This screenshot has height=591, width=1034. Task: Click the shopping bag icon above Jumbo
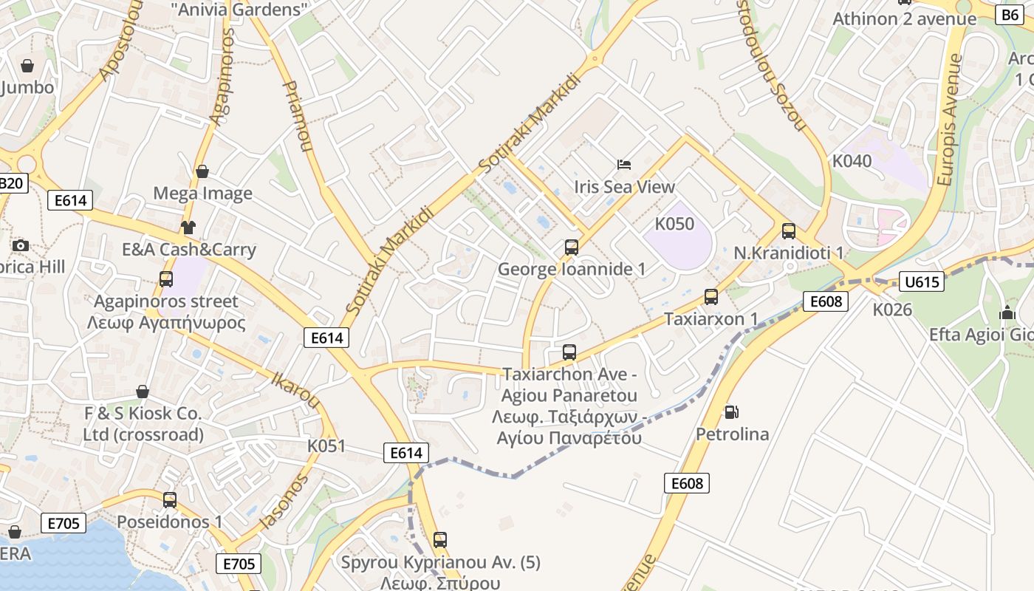point(27,66)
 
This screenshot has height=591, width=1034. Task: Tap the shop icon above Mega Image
point(202,171)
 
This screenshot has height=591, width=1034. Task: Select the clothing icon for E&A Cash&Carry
point(188,227)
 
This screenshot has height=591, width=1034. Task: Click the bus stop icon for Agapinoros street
point(166,279)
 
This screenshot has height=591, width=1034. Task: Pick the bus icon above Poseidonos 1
point(170,500)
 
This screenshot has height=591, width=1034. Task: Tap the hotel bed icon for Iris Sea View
point(624,164)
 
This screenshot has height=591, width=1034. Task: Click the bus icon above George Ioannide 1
point(571,247)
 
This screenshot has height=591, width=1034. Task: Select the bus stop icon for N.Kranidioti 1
point(789,230)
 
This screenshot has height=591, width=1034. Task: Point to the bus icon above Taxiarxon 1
point(711,297)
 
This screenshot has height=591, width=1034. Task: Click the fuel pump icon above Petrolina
point(732,411)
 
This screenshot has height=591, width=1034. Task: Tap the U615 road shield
point(922,281)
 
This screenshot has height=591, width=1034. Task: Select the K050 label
point(674,223)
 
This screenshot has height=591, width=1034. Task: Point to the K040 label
point(852,160)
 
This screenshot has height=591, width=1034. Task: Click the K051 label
point(326,446)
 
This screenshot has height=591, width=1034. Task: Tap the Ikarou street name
point(295,389)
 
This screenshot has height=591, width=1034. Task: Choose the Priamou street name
point(296,116)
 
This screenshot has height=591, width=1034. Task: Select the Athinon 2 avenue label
point(905,18)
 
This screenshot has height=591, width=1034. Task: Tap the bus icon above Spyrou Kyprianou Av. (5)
point(440,540)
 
